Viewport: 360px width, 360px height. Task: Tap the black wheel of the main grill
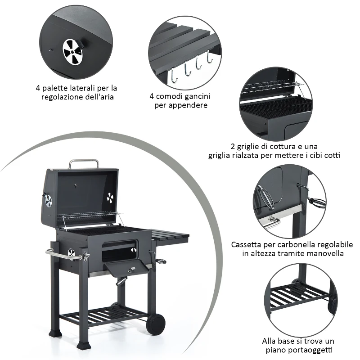[x=155, y=324]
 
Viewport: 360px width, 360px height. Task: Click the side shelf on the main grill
[x=169, y=235]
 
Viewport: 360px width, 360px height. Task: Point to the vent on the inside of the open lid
[x=110, y=197]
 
